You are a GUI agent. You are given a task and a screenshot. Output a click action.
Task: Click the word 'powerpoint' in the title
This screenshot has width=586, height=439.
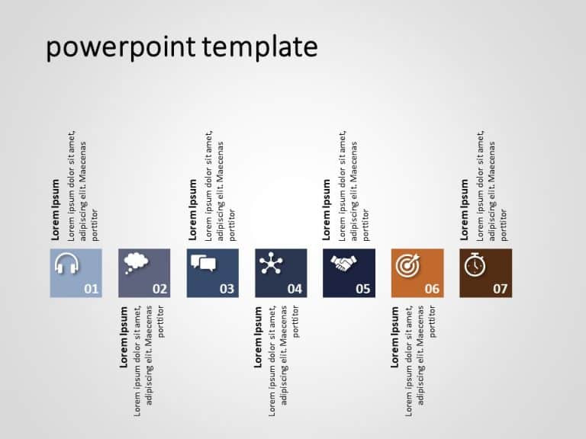tap(121, 48)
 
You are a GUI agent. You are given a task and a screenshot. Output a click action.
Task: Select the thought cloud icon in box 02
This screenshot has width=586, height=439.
tap(134, 262)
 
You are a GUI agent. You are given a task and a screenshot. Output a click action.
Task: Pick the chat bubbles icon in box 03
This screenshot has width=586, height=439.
tap(203, 264)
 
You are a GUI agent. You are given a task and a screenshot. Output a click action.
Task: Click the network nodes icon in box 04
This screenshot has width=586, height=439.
tap(270, 264)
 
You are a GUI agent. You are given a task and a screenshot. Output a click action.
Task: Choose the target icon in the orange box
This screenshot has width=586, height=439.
tap(406, 265)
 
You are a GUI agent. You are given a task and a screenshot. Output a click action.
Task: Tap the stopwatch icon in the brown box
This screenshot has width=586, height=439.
tap(474, 264)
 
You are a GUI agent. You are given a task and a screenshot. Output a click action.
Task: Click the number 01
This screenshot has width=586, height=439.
tap(92, 289)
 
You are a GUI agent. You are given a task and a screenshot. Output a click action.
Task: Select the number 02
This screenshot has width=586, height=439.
tap(159, 289)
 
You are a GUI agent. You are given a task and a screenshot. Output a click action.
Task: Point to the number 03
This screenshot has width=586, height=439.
tap(227, 289)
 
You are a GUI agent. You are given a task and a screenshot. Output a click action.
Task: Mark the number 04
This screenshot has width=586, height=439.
tap(295, 289)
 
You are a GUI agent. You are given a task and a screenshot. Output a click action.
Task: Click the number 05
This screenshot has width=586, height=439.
tap(363, 289)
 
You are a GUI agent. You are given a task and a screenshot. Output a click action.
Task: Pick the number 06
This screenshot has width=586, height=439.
tap(432, 289)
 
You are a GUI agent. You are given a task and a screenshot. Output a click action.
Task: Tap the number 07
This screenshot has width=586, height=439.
tap(500, 289)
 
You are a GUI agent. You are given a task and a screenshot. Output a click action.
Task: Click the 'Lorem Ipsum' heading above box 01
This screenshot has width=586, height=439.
tap(56, 210)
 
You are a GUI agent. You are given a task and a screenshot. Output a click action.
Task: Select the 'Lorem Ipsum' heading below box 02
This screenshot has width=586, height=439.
tap(124, 337)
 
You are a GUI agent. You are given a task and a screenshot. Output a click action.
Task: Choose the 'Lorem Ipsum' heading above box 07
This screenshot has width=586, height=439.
tap(465, 210)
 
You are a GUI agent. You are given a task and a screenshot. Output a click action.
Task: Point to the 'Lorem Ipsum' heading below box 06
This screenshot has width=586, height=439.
tap(395, 337)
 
